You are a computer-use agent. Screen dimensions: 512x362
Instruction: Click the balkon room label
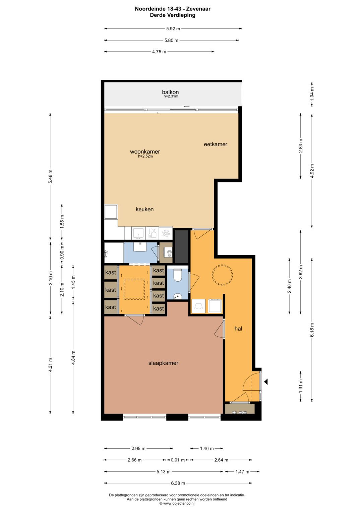[170, 92]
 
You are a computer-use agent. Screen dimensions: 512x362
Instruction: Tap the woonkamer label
[145, 152]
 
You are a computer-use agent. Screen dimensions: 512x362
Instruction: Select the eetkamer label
[216, 144]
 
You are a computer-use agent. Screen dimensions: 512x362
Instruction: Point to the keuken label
[144, 209]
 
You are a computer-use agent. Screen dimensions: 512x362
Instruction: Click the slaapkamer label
[163, 363]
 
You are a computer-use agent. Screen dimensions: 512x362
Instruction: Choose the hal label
[238, 329]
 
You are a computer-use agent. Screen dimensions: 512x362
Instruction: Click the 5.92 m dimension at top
[173, 29]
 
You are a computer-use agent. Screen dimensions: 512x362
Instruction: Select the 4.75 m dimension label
[159, 52]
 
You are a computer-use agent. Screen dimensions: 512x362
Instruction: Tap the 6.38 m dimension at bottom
[178, 483]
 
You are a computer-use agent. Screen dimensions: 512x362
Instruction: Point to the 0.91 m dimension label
[178, 460]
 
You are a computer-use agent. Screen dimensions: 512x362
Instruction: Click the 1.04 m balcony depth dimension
[312, 94]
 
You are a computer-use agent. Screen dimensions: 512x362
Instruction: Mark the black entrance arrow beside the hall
[266, 382]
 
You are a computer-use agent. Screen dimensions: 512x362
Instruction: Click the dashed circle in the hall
[222, 275]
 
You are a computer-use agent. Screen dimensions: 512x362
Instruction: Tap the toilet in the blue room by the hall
[178, 276]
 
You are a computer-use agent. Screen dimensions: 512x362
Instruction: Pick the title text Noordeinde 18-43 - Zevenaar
[173, 9]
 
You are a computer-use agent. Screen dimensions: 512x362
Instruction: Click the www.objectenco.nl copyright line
[177, 503]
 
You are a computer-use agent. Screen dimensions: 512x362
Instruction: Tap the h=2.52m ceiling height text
[145, 156]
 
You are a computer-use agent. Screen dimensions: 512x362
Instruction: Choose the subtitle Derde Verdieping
[173, 15]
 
